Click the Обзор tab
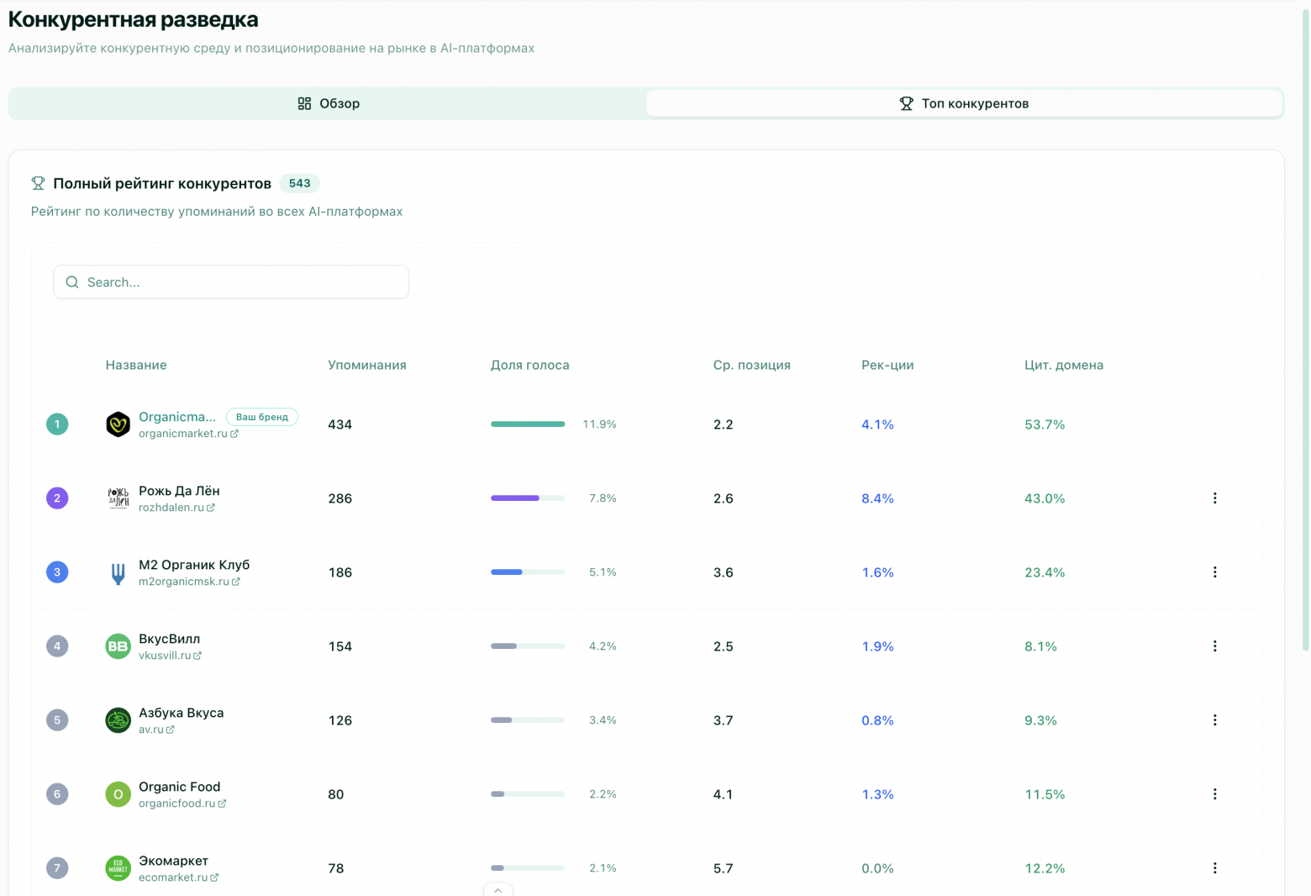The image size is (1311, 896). pyautogui.click(x=329, y=103)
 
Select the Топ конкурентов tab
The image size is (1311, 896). pyautogui.click(x=964, y=103)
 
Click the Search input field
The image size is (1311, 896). pyautogui.click(x=231, y=282)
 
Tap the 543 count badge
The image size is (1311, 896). pyautogui.click(x=299, y=183)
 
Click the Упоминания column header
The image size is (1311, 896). pyautogui.click(x=366, y=365)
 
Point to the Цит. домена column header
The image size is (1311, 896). pyautogui.click(x=1063, y=365)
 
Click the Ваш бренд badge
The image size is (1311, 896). pyautogui.click(x=262, y=417)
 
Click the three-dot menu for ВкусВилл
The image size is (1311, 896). pyautogui.click(x=1214, y=646)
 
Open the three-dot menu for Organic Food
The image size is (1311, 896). pyautogui.click(x=1214, y=794)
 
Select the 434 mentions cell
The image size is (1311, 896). pyautogui.click(x=340, y=424)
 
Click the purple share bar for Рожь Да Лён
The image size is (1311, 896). pyautogui.click(x=514, y=498)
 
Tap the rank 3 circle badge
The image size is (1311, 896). pyautogui.click(x=57, y=572)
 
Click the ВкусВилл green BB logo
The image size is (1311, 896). pyautogui.click(x=118, y=646)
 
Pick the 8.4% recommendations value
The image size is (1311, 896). pyautogui.click(x=877, y=498)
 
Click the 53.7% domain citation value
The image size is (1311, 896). pyautogui.click(x=1045, y=424)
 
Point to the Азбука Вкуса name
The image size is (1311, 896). pyautogui.click(x=181, y=713)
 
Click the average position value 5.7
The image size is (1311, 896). pyautogui.click(x=723, y=868)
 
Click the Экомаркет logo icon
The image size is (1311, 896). pyautogui.click(x=118, y=868)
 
